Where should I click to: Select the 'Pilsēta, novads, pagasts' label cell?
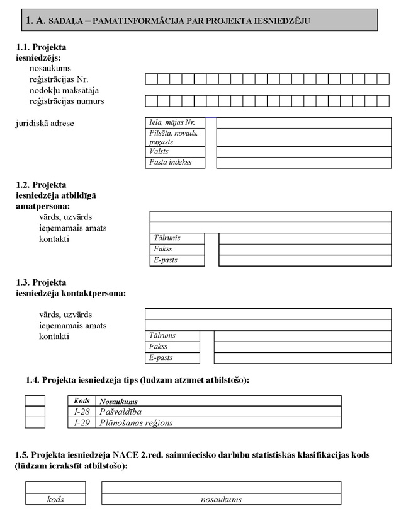click(x=175, y=137)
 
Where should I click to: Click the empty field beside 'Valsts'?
click(x=303, y=152)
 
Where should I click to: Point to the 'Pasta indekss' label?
click(x=169, y=163)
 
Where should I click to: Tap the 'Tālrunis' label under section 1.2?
click(x=167, y=238)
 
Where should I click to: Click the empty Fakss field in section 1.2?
click(x=305, y=249)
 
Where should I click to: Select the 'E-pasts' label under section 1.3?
click(x=161, y=358)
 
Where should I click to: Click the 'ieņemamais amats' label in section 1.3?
click(x=72, y=326)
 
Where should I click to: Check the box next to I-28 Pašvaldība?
click(x=35, y=412)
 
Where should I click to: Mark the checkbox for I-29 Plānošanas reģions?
click(x=35, y=422)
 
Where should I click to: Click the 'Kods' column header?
click(x=82, y=401)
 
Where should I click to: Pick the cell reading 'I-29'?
click(x=82, y=423)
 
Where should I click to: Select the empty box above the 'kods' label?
click(x=55, y=487)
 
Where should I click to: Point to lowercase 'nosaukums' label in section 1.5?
click(x=221, y=499)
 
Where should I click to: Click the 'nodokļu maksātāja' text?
click(x=60, y=90)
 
